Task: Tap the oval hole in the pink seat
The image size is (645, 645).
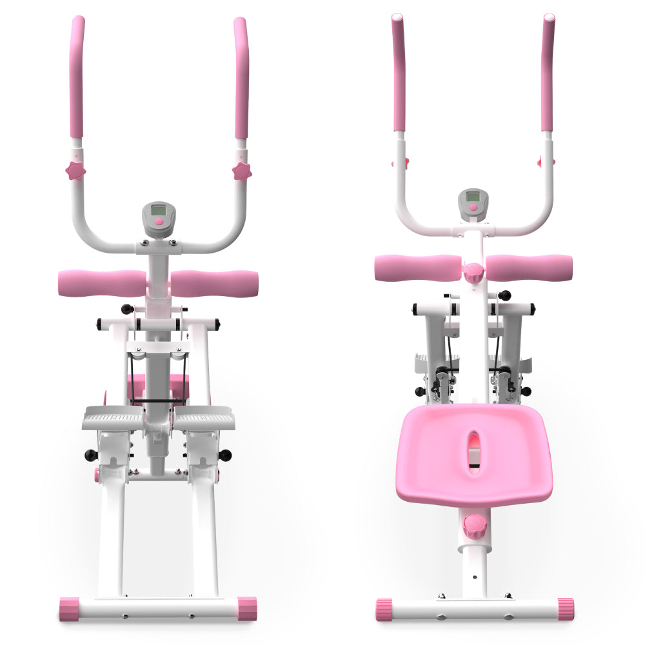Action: tap(474, 444)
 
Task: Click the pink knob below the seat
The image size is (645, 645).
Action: tap(474, 526)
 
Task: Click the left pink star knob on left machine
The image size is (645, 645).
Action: tap(75, 170)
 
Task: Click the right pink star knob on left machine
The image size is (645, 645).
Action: tap(242, 171)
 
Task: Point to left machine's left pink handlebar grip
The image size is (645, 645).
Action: tap(77, 77)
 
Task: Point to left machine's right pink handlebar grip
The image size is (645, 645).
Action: tap(241, 77)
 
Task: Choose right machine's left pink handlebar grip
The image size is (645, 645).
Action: tap(399, 71)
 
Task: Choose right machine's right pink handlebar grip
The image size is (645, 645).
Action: tap(548, 71)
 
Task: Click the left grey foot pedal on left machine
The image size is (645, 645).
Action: tap(112, 419)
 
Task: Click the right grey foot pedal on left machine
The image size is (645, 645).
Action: tap(204, 419)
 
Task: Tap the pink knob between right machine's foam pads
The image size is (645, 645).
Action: tap(474, 272)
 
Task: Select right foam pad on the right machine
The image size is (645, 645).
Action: tap(529, 268)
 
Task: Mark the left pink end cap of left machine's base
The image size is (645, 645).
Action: tap(69, 609)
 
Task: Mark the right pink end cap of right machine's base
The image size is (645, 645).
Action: tap(566, 609)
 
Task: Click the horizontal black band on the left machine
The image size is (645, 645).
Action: tap(157, 401)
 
